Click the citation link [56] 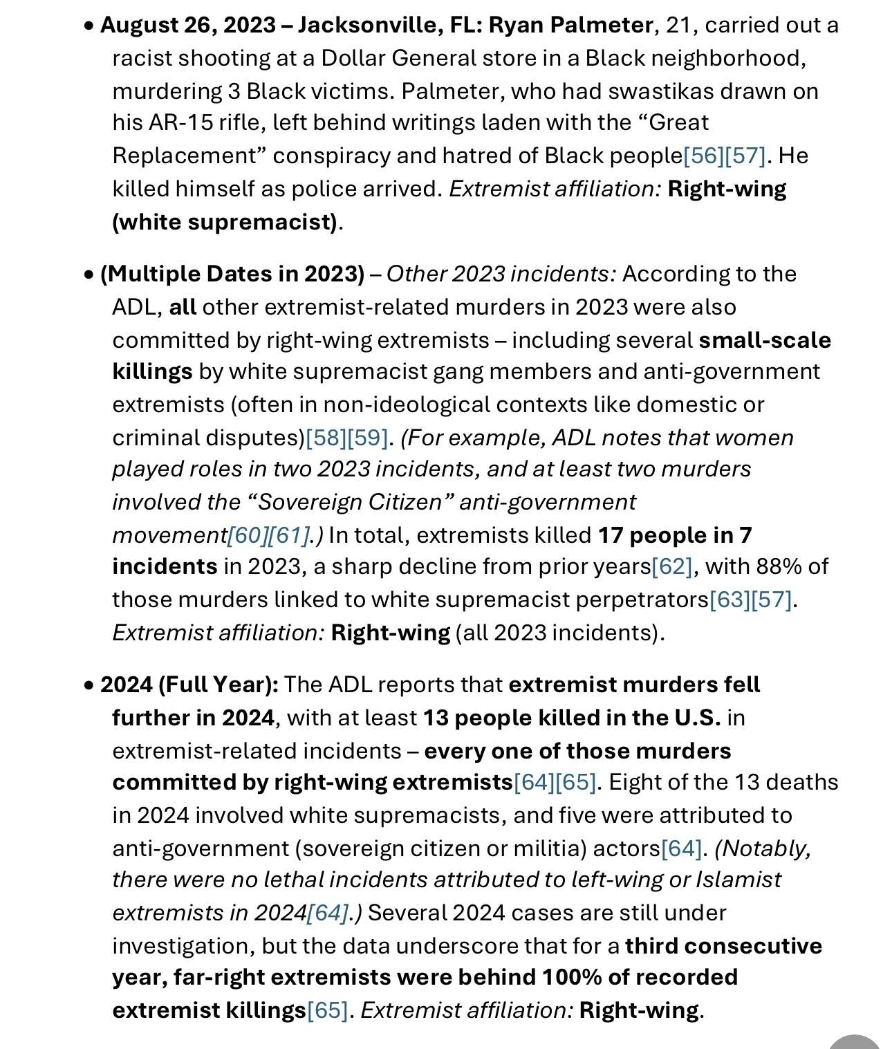tap(703, 156)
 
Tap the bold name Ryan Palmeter tap(570, 25)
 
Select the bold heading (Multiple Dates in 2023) tap(232, 274)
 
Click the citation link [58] tap(326, 438)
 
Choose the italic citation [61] tap(288, 535)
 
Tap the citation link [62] tap(672, 566)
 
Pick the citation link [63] tap(730, 600)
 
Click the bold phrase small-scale tap(765, 340)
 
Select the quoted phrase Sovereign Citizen tap(350, 502)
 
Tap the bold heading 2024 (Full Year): tap(189, 685)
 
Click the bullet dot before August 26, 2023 tap(89, 26)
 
